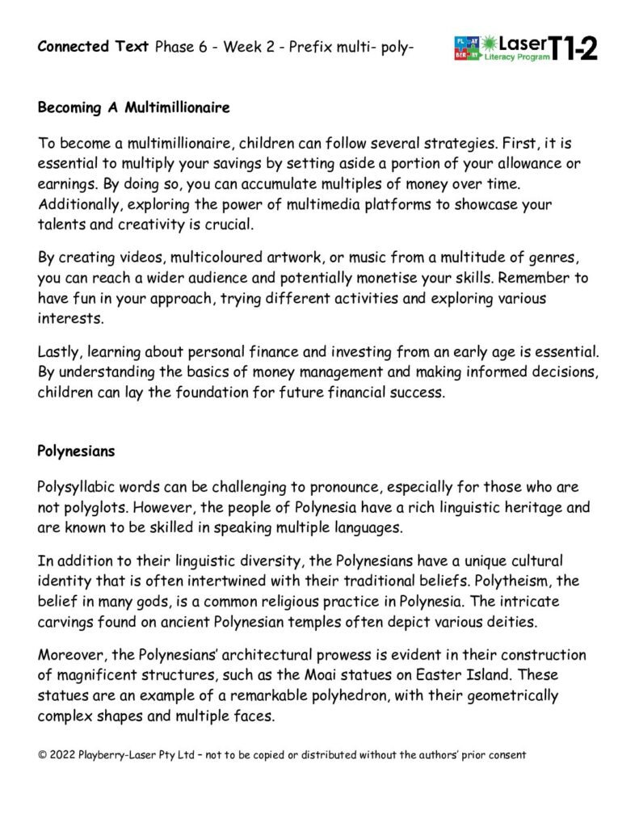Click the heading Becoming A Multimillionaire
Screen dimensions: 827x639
pos(133,107)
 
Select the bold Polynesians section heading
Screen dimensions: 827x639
pos(76,451)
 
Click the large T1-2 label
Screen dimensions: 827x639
pos(575,48)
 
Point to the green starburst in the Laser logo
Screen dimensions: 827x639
pos(490,42)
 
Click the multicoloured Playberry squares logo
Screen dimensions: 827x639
pos(468,48)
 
